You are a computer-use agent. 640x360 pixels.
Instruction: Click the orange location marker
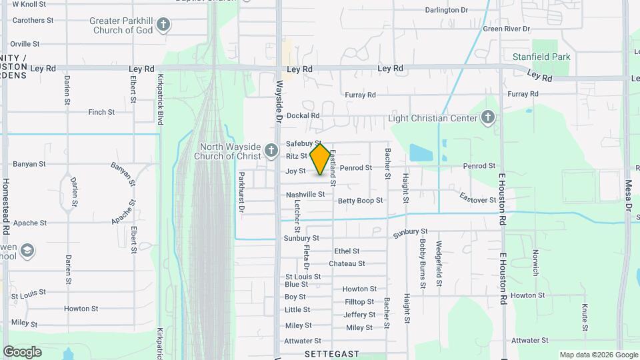tap(321, 159)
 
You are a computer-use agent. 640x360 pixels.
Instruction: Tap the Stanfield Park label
tap(541, 57)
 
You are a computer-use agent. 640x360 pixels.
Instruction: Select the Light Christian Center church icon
tap(488, 118)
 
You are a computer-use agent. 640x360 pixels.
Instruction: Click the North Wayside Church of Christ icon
tap(271, 151)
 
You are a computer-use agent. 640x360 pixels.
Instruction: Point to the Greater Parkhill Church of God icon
tap(163, 26)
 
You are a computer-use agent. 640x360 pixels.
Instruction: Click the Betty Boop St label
tap(360, 200)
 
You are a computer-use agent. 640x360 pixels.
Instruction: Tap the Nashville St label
tap(305, 195)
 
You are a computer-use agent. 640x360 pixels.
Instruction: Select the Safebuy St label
tap(303, 143)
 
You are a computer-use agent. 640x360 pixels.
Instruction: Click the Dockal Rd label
tap(303, 115)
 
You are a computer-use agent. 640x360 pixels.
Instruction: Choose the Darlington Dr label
tap(447, 10)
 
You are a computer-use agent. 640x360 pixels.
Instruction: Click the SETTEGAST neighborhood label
tap(332, 354)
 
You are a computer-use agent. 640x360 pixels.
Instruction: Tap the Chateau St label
tap(347, 263)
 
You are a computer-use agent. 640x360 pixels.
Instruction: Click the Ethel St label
tap(347, 251)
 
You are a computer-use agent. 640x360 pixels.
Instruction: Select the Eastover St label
tap(477, 198)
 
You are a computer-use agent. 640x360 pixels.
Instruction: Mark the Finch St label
tap(101, 112)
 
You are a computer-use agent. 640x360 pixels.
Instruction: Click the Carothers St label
tap(33, 21)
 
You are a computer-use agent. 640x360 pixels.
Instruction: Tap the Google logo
tap(22, 351)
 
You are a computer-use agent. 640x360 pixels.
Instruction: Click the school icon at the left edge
tap(27, 251)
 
